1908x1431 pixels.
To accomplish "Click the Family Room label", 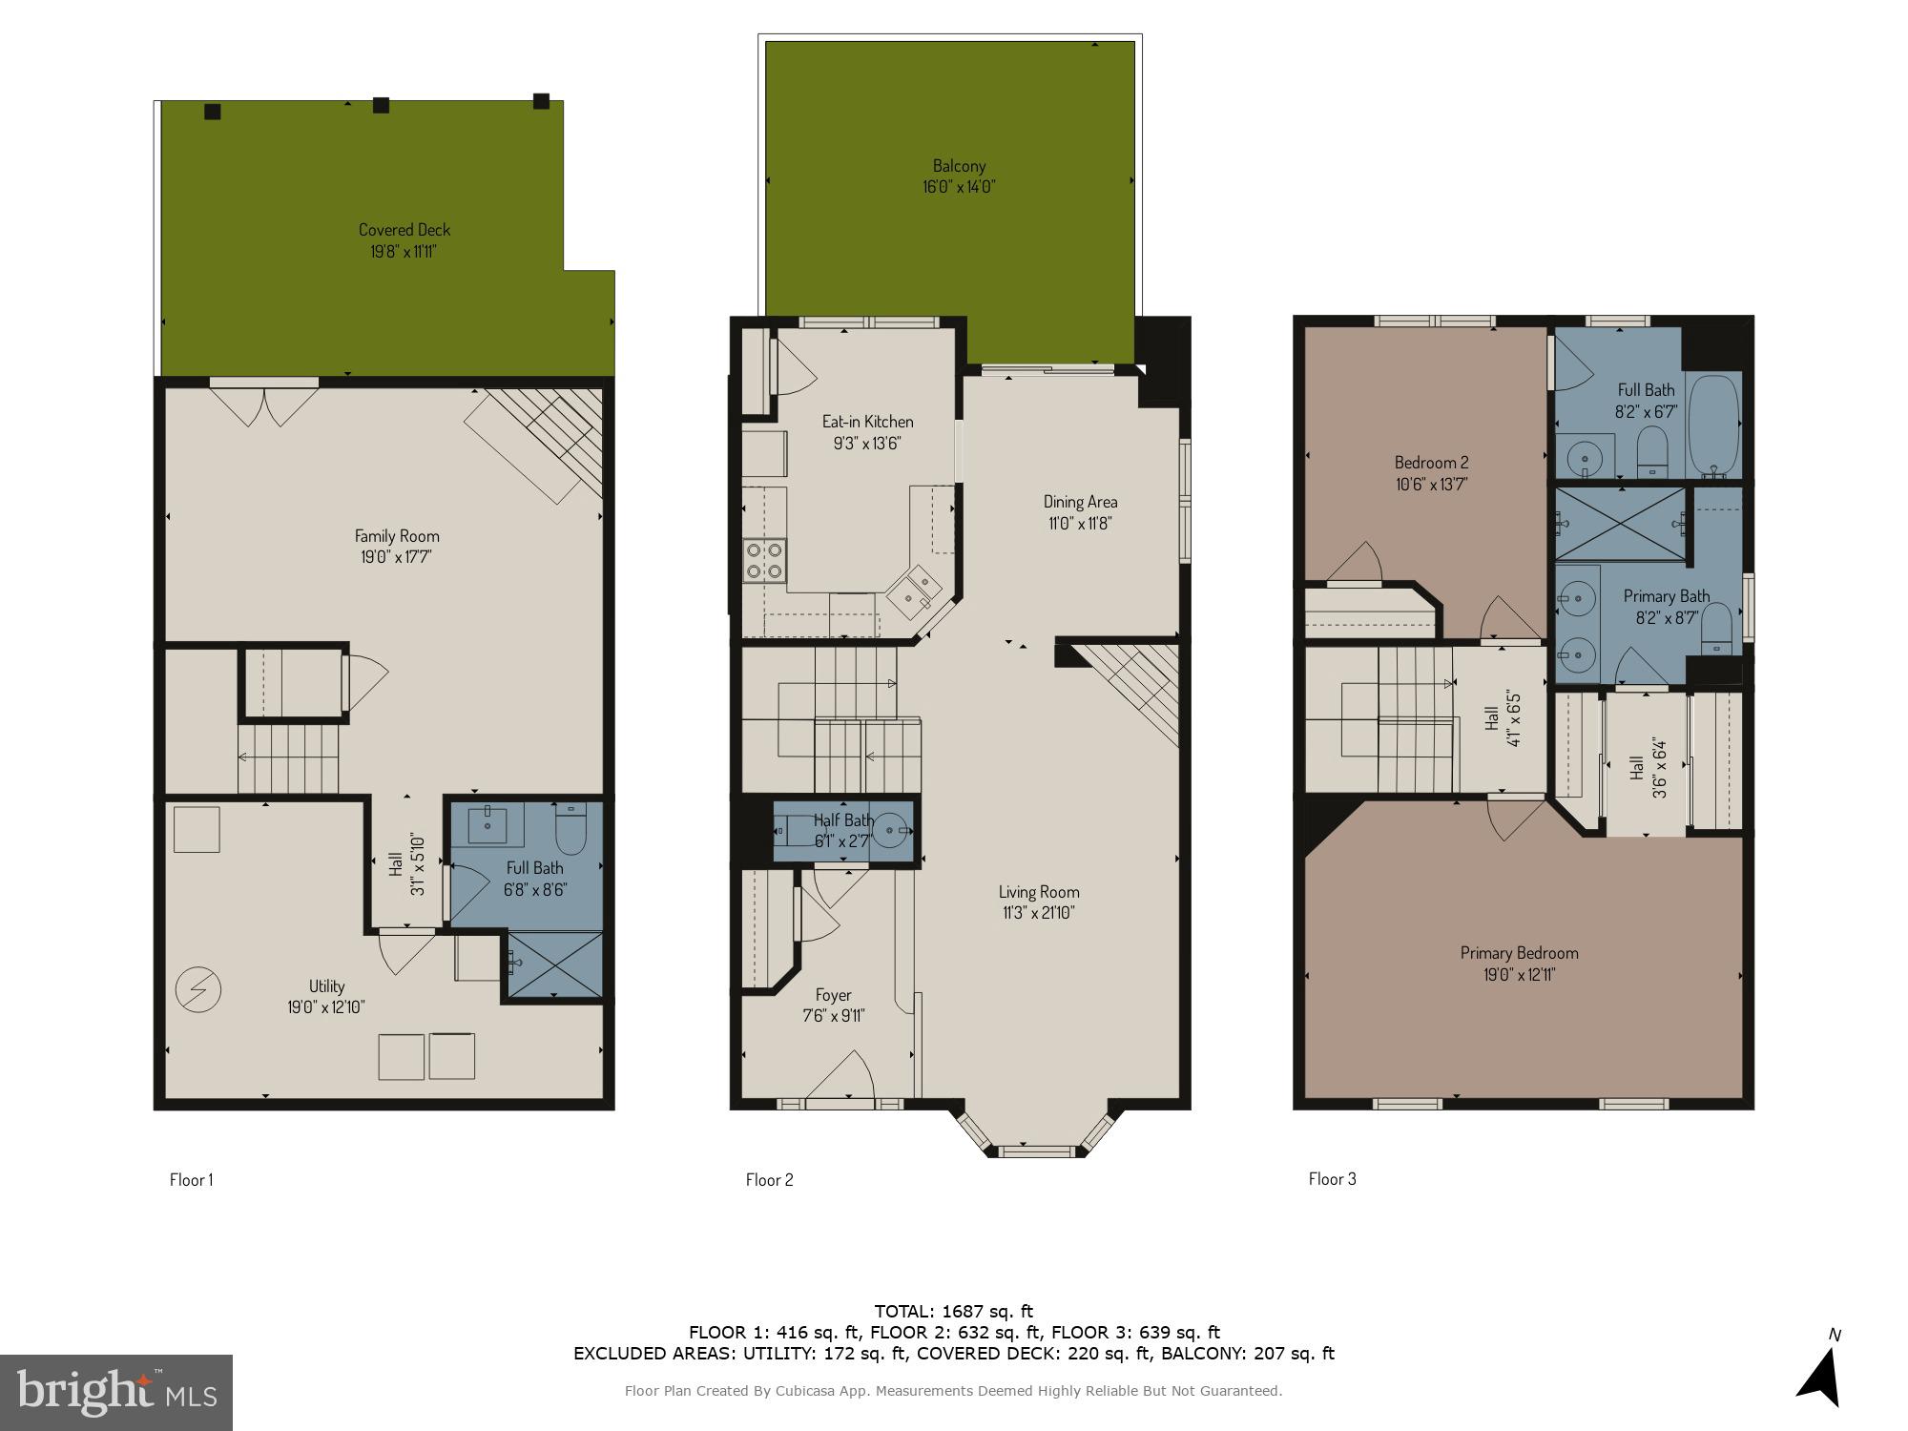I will point(397,536).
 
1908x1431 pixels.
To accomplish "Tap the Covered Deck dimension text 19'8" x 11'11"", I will point(404,253).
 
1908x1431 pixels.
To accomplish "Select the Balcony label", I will point(959,166).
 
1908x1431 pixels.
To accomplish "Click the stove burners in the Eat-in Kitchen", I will point(764,561).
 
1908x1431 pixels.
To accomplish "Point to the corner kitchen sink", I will point(913,591).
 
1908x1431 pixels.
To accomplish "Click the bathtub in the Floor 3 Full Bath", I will point(1713,425).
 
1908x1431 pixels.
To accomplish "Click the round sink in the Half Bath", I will point(892,832).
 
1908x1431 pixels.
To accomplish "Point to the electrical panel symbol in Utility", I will point(198,990).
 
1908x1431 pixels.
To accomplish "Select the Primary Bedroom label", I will point(1519,953).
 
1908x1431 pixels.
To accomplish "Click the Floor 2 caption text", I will point(769,1180).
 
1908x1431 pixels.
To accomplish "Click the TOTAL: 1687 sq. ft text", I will point(954,1312).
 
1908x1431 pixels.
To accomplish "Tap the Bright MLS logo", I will point(116,1392).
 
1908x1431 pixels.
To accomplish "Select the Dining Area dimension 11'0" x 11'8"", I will point(1079,524).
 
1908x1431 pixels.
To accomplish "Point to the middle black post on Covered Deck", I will point(381,105).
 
